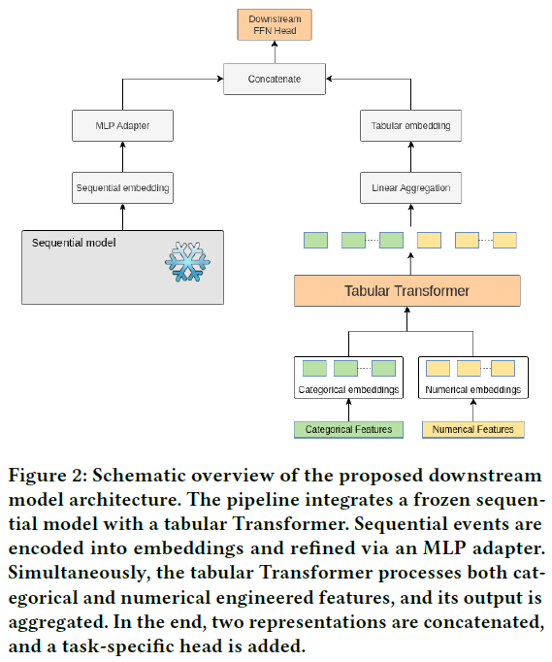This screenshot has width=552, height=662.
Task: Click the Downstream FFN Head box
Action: coord(275,25)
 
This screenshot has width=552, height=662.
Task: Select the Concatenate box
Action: coord(275,79)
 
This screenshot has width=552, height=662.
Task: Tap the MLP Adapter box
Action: coord(122,126)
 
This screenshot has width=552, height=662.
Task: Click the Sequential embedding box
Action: coord(122,188)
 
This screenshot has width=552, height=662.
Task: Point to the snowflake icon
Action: coord(188,262)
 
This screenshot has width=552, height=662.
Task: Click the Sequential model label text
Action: coord(74,243)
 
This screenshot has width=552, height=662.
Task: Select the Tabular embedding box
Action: coord(410,126)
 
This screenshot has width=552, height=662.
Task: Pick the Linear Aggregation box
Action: coord(410,188)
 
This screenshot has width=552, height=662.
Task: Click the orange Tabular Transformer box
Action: coord(407,291)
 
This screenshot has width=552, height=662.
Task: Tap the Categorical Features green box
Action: coord(348,430)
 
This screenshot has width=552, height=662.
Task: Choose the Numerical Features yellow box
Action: coord(473,430)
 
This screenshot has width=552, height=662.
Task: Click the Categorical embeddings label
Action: coord(348,389)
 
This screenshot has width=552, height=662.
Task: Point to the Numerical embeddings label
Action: coord(473,389)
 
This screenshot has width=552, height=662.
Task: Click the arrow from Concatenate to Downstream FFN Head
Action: coord(275,51)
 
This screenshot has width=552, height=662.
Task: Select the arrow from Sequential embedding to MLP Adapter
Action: coord(123,156)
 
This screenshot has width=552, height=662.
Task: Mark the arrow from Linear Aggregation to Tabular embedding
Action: coord(411,156)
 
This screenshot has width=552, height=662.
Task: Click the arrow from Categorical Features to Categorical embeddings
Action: coord(348,410)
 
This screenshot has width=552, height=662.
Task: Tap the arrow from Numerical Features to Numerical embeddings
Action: coord(473,410)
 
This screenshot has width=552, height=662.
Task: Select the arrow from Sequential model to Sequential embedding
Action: coord(123,217)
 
